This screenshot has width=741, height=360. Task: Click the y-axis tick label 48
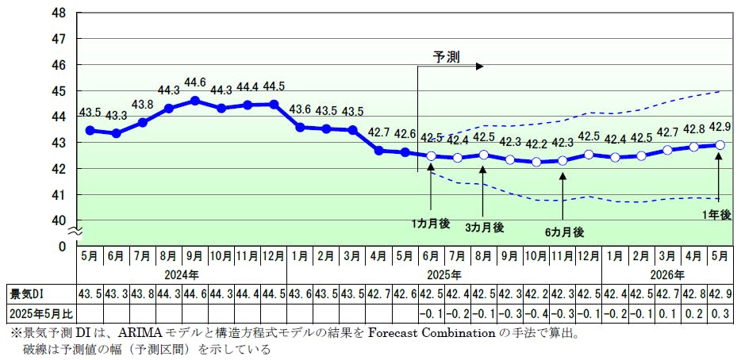tap(60, 13)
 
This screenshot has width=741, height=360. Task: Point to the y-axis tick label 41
tap(60, 195)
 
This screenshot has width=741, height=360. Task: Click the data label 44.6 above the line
tap(195, 82)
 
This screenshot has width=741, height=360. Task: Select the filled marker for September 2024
tap(195, 101)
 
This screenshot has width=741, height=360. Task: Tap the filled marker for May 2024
tap(90, 130)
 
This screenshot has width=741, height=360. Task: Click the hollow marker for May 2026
tap(720, 144)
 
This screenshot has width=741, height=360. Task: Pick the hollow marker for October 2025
tap(536, 162)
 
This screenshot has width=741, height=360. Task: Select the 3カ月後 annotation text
tap(484, 227)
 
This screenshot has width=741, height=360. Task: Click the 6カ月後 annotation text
tap(563, 232)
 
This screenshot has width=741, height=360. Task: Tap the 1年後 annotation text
tap(717, 214)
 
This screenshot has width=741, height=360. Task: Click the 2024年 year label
tap(182, 275)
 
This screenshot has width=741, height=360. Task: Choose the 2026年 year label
tap(666, 275)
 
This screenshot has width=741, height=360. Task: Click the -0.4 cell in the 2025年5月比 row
tap(536, 312)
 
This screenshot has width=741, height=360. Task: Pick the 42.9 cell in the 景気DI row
tap(720, 293)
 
